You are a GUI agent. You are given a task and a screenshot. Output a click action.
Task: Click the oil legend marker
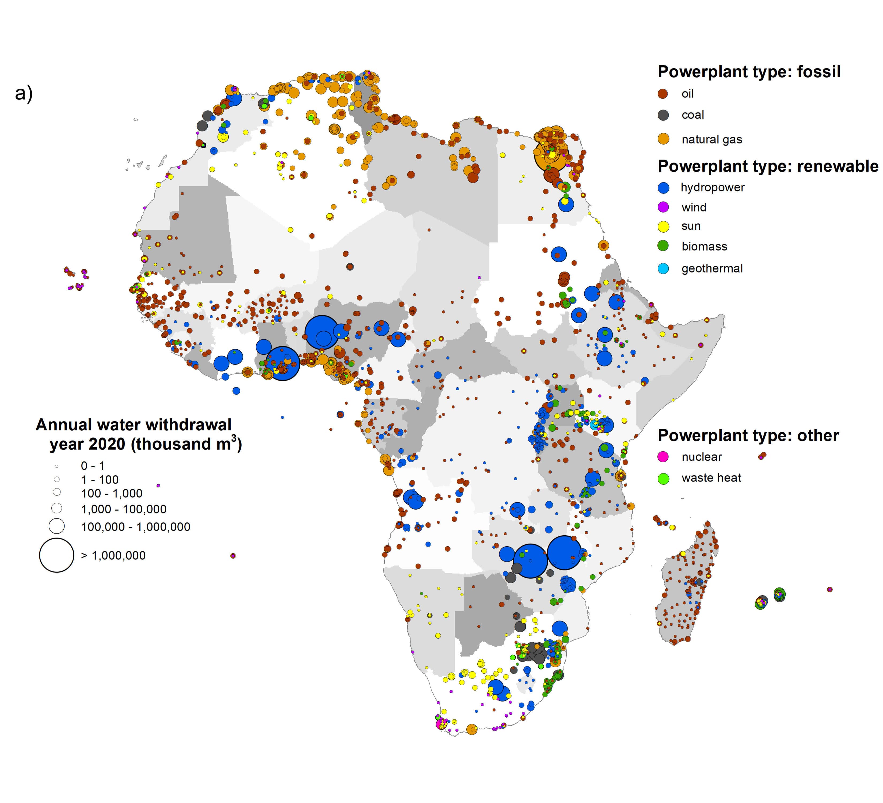tap(663, 94)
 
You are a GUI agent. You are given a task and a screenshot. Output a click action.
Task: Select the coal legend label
tap(692, 115)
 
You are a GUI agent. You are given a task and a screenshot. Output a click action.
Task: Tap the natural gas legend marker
tap(663, 139)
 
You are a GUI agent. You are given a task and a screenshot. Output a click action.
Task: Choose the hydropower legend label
tap(712, 187)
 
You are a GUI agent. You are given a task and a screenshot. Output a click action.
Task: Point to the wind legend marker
tap(663, 207)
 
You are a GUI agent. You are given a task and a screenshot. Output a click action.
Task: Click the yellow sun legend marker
tap(663, 226)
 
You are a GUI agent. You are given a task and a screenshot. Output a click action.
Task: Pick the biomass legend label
tap(704, 246)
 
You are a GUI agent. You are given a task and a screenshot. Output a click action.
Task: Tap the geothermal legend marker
tap(663, 268)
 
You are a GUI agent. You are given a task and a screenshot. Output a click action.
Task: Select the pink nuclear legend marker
tap(663, 457)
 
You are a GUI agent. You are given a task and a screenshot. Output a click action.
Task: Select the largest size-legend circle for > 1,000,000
tap(56, 555)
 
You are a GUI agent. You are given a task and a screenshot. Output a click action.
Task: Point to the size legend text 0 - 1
tap(92, 466)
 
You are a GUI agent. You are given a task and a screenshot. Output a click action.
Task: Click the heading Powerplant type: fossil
tap(748, 72)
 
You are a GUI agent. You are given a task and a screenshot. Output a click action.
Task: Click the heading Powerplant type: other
tap(748, 435)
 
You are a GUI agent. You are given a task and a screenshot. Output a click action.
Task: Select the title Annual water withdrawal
tap(134, 425)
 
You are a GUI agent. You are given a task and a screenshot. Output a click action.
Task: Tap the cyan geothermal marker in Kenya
tap(594, 425)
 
